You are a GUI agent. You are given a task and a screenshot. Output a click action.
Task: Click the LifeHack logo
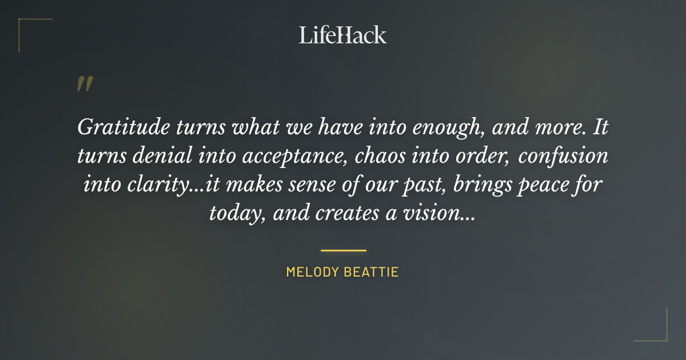tap(343, 35)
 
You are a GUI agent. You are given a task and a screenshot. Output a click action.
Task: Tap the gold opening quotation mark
tap(84, 85)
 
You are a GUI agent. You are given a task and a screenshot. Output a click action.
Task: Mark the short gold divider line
tap(343, 250)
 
